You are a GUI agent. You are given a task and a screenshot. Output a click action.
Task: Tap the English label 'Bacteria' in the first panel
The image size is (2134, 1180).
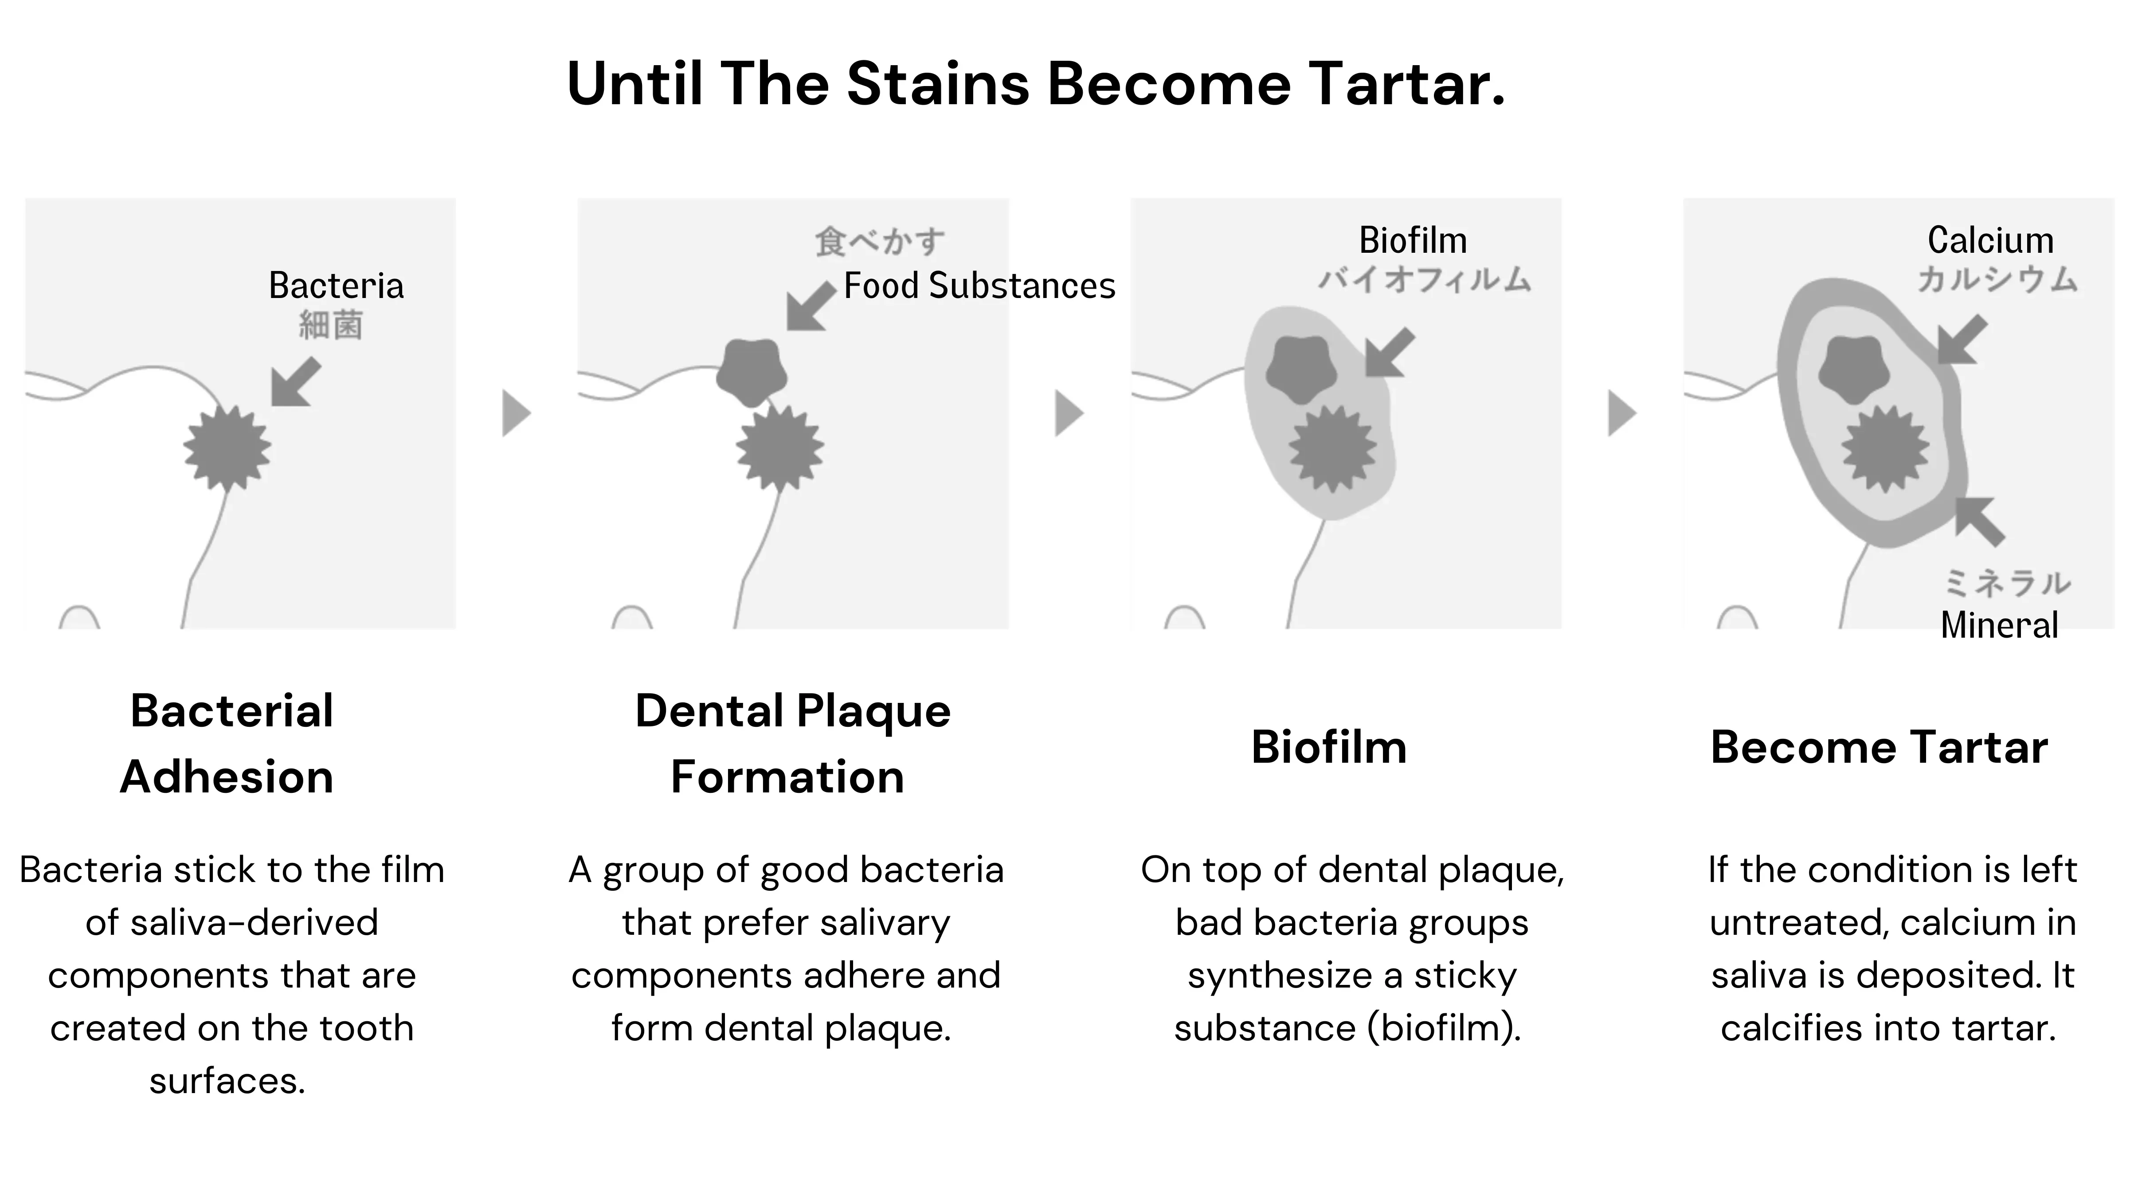(x=337, y=286)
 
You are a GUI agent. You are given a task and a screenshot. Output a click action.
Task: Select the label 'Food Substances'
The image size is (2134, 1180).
(x=979, y=286)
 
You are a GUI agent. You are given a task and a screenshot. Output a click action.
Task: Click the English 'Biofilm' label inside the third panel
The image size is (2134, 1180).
(x=1413, y=240)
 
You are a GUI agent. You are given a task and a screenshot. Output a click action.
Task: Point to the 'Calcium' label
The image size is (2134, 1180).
(x=1991, y=240)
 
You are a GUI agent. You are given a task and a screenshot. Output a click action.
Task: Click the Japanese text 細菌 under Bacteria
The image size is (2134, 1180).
(x=330, y=325)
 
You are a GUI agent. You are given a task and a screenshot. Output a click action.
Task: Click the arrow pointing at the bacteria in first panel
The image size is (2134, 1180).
(x=296, y=382)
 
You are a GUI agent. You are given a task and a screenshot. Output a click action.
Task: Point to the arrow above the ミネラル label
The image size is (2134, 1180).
(x=1980, y=521)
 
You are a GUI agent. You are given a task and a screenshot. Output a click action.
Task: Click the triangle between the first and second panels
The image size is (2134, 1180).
(x=516, y=413)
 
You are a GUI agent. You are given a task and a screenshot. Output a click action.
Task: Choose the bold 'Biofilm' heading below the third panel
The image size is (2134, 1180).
(x=1329, y=748)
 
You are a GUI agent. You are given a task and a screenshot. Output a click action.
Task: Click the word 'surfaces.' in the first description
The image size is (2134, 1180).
(x=228, y=1081)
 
